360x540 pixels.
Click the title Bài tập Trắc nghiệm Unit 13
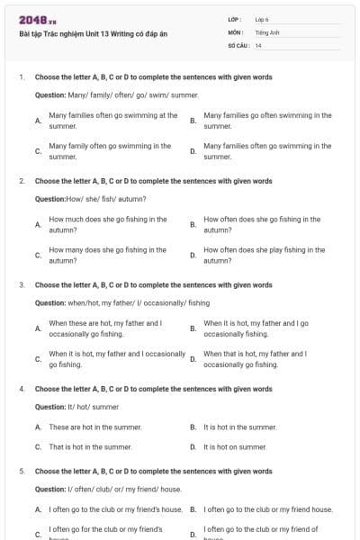click(x=93, y=34)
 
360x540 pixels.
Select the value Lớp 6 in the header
click(x=263, y=19)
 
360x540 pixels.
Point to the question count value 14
click(x=258, y=45)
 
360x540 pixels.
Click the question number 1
click(x=21, y=77)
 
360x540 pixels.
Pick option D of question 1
click(x=267, y=150)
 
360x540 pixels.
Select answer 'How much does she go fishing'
click(x=107, y=224)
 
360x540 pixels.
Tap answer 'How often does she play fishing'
click(x=265, y=255)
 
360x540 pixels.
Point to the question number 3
click(x=21, y=285)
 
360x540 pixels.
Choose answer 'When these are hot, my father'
click(x=105, y=328)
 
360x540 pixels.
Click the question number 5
click(x=21, y=471)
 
